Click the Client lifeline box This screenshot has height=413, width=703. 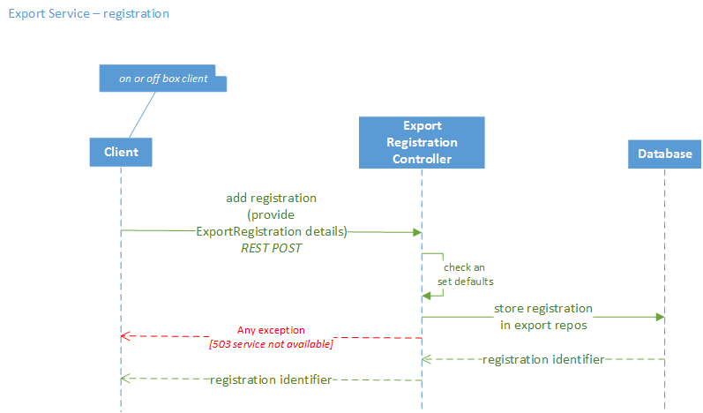(121, 152)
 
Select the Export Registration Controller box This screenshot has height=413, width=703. (422, 142)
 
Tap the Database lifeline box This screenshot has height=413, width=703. (664, 154)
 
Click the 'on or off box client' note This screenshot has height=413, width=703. (163, 79)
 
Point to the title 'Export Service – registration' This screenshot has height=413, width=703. (88, 14)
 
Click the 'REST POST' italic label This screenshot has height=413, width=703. (272, 249)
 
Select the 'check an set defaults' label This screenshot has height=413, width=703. (465, 274)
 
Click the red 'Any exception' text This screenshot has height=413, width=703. (271, 329)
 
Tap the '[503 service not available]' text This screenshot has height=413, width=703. (271, 343)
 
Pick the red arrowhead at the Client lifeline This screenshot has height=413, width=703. (125, 336)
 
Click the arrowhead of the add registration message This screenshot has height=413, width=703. (416, 232)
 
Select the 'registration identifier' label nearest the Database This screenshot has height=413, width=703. (542, 359)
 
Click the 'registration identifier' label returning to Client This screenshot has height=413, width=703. (271, 379)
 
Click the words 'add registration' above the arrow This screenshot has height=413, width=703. (271, 198)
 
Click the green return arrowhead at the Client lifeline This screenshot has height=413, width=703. (125, 379)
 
